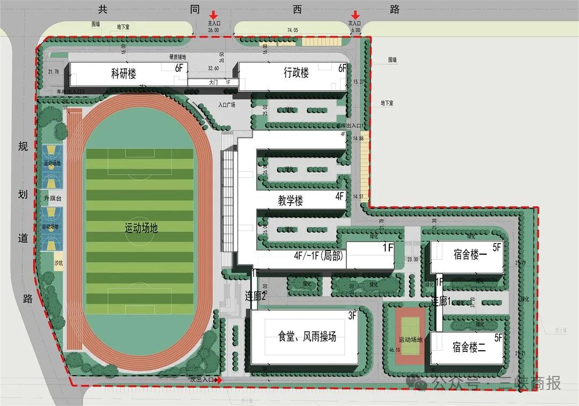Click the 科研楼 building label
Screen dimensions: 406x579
(x=123, y=73)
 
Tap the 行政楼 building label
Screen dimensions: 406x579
(x=296, y=73)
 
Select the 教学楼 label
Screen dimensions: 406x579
(x=291, y=201)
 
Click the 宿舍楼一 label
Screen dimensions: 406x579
(x=470, y=255)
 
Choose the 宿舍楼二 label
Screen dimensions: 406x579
(x=469, y=346)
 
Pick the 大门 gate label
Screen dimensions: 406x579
(x=214, y=83)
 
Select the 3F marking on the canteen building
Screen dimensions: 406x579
(x=352, y=316)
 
